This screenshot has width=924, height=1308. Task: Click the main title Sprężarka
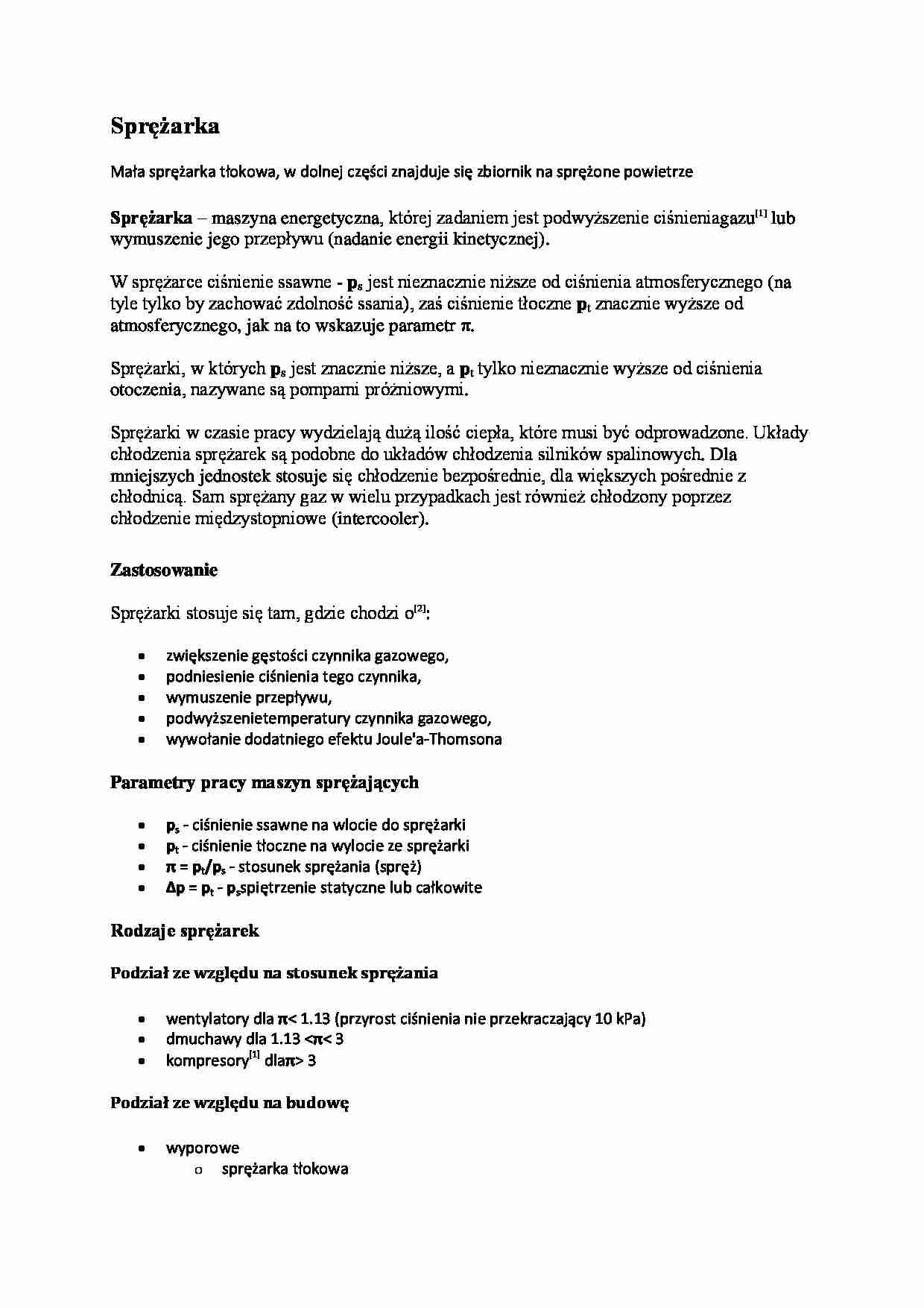point(165,127)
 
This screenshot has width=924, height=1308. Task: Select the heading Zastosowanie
point(164,570)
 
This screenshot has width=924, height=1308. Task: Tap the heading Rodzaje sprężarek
point(185,931)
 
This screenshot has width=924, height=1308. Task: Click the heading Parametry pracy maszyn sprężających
point(265,783)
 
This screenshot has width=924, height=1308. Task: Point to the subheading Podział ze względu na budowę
point(230,1103)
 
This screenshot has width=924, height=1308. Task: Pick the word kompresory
point(206,1061)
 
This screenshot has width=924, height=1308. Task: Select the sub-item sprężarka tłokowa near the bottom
point(285,1169)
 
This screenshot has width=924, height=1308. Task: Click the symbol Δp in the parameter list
point(176,888)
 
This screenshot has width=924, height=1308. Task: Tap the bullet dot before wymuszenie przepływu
point(142,698)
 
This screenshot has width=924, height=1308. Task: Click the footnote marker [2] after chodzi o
point(420,609)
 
